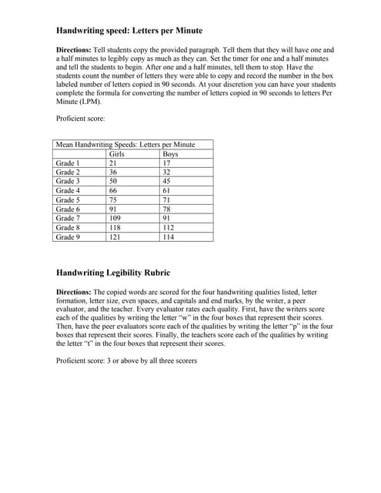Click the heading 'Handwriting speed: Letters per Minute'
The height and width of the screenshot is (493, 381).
pyautogui.click(x=129, y=31)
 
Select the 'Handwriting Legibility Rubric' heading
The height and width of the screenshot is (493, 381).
pyautogui.click(x=113, y=273)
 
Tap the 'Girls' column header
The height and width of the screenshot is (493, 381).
pyautogui.click(x=118, y=154)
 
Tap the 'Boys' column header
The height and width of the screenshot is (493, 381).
pyautogui.click(x=171, y=154)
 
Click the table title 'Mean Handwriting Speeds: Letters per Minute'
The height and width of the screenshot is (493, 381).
pyautogui.click(x=125, y=145)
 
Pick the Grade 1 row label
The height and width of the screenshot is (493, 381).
pyautogui.click(x=68, y=163)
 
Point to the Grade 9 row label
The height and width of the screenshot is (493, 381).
pyautogui.click(x=68, y=237)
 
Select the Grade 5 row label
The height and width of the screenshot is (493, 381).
pyautogui.click(x=68, y=200)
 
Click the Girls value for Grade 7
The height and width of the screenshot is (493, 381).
pyautogui.click(x=116, y=219)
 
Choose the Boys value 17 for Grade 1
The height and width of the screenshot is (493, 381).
pyautogui.click(x=167, y=163)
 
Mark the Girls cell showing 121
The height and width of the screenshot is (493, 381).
pyautogui.click(x=116, y=237)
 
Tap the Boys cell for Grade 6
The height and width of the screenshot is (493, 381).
pyautogui.click(x=167, y=210)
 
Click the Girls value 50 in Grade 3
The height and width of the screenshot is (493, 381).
pyautogui.click(x=114, y=182)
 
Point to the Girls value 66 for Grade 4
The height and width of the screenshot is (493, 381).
pyautogui.click(x=114, y=191)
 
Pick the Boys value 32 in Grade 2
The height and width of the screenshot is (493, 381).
pyautogui.click(x=167, y=173)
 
